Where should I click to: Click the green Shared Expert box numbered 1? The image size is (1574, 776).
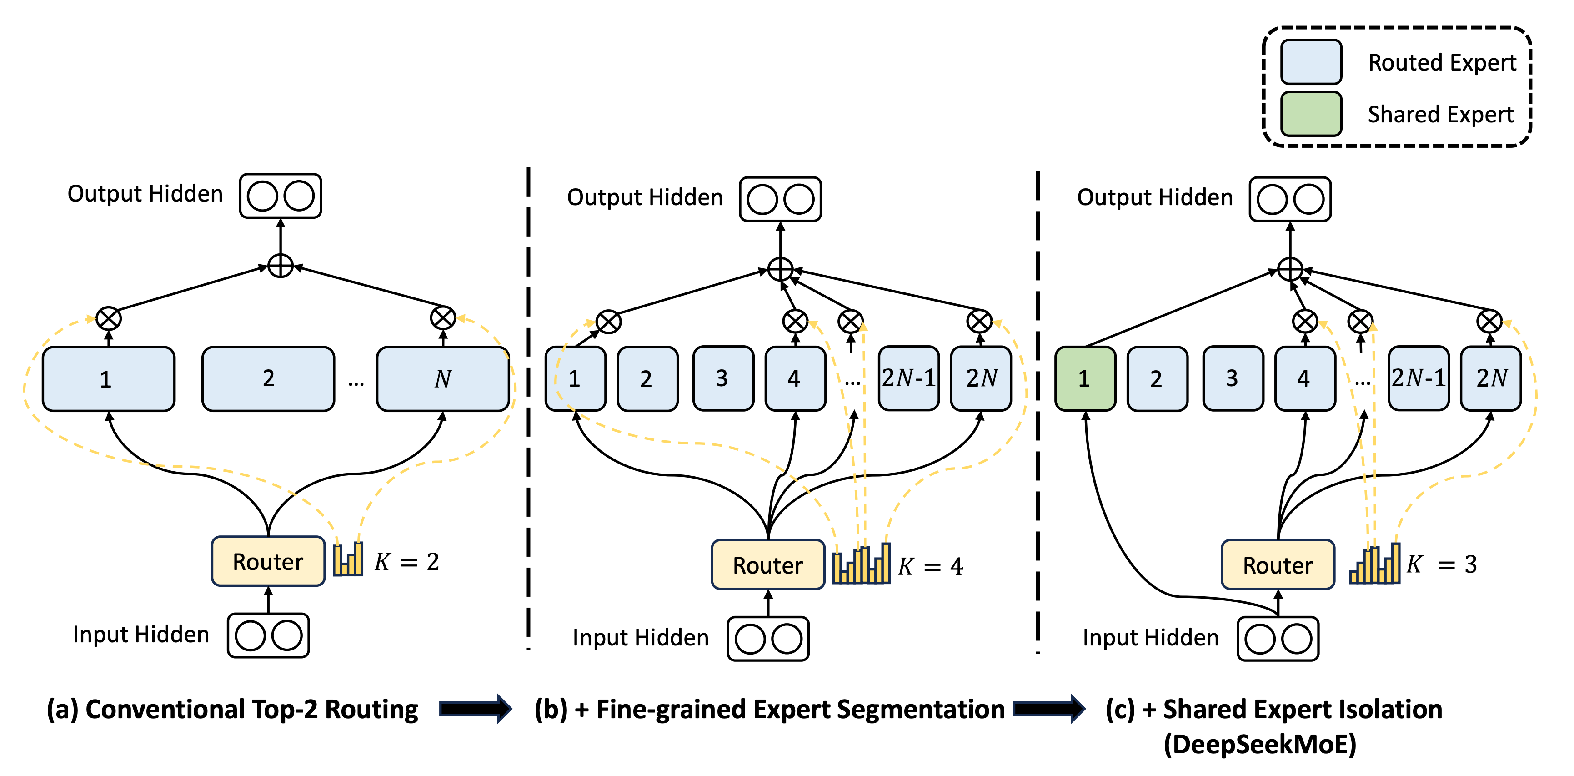pos(1085,378)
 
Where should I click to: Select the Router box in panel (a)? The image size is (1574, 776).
pos(268,561)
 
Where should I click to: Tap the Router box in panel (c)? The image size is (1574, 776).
pos(1278,564)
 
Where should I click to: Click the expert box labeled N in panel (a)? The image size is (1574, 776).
pos(443,378)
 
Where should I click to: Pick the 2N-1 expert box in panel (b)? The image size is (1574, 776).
pos(908,378)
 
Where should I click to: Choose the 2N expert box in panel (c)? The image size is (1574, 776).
pos(1491,378)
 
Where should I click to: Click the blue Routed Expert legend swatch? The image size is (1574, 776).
pos(1311,62)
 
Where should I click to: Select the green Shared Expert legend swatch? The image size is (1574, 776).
pos(1311,114)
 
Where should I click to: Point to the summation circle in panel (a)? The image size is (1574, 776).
pos(281,266)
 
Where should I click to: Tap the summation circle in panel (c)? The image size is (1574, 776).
pos(1290,269)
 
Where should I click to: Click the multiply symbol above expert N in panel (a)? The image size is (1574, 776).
pos(443,318)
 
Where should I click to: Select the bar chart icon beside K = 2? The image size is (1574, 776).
pos(348,558)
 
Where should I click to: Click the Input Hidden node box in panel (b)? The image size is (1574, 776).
pos(768,639)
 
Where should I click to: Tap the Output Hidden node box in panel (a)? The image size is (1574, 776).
pos(281,196)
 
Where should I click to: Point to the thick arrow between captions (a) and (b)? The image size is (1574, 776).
pos(476,709)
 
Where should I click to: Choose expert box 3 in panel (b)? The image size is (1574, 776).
pos(723,378)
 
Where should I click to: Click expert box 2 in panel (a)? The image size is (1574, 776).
pos(268,378)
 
